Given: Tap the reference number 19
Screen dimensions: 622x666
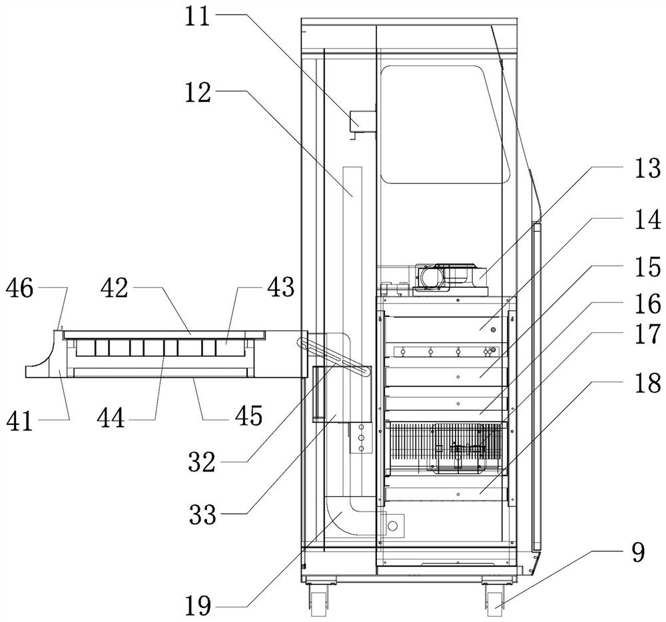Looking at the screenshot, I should [198, 605].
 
